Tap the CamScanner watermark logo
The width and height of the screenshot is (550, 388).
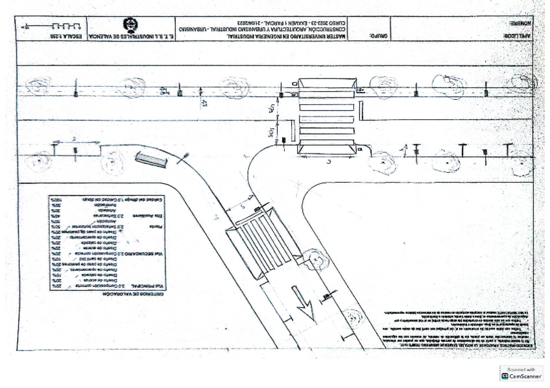[x=520, y=374]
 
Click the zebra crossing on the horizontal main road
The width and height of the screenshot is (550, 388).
[x=326, y=117]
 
